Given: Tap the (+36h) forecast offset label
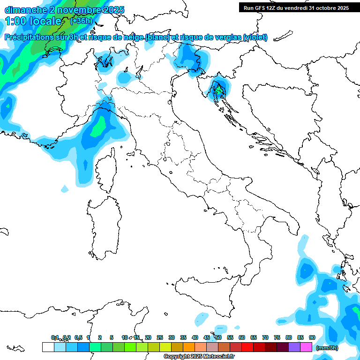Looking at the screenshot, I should pos(81,21).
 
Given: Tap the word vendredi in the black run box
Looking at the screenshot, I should pos(297,8).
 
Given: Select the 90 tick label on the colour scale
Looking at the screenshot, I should pos(312,337).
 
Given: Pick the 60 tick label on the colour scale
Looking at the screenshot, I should pos(242,337).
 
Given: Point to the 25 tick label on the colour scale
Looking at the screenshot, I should pos(160,337).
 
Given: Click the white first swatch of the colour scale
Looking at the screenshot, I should pos(48,347).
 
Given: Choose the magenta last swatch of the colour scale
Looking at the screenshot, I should pos(306,347).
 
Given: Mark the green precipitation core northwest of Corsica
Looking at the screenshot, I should pos(98,127).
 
